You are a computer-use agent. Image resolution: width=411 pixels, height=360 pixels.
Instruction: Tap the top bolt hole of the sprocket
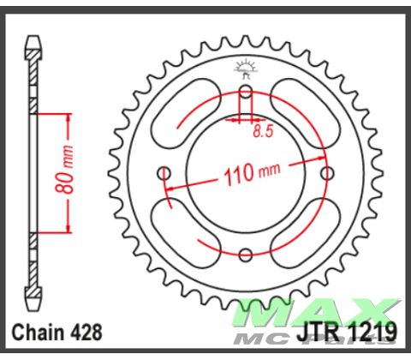[x=246, y=92]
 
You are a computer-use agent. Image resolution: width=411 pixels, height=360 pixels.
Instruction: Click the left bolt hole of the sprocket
[x=164, y=174]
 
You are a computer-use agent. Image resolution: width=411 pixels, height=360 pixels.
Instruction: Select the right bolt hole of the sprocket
[x=326, y=174]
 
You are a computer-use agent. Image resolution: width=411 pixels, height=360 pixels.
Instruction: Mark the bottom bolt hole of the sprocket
[x=246, y=255]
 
